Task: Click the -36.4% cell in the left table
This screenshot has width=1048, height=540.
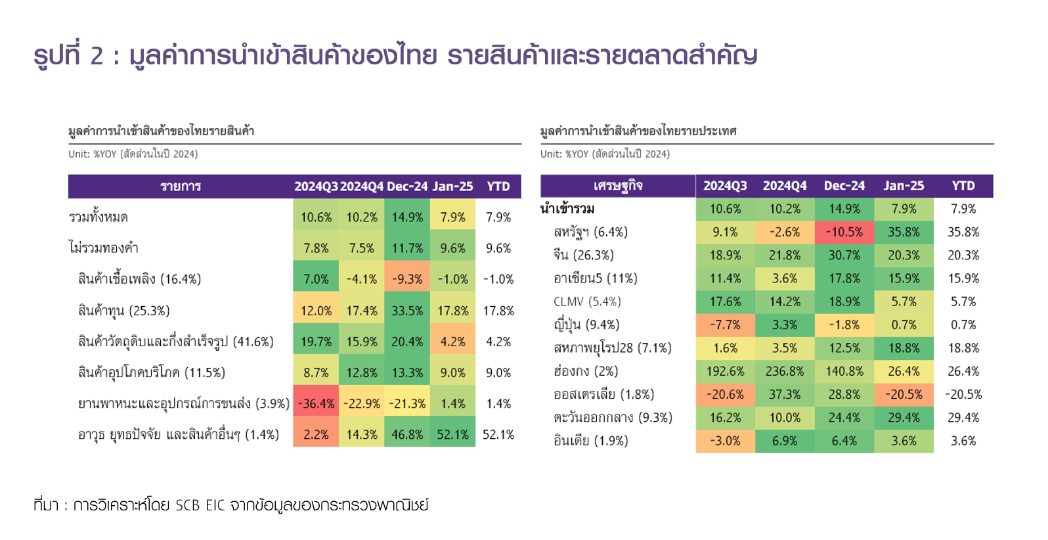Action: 317,403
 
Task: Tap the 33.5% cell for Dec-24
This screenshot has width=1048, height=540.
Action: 407,310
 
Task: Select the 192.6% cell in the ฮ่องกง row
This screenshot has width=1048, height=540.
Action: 725,371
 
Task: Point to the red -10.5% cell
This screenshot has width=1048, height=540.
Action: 844,232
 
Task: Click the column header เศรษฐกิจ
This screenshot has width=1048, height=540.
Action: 617,186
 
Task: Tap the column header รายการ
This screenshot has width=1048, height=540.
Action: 181,187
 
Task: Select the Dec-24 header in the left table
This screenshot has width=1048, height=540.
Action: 407,187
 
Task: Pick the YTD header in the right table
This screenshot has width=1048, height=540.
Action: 963,186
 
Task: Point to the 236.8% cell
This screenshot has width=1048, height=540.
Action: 785,371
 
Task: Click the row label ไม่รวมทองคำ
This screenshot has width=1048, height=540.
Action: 103,248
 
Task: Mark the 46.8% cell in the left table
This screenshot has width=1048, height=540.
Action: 407,434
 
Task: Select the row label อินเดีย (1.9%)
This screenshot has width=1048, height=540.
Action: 590,441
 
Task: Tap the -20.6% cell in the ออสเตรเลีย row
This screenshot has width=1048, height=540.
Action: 725,394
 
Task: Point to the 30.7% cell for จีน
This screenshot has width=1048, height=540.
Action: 844,255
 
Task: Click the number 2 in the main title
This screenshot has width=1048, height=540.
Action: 97,56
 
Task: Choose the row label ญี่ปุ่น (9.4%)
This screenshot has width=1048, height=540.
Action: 586,325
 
